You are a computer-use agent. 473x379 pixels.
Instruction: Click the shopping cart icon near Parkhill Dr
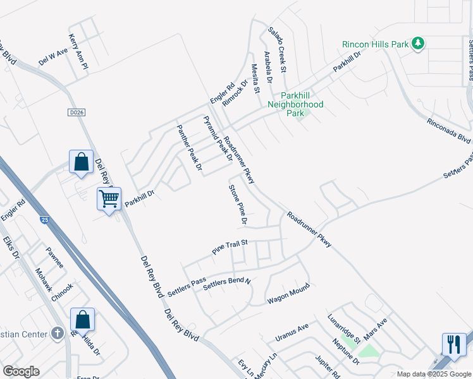pyautogui.click(x=109, y=200)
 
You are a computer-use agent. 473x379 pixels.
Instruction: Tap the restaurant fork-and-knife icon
pyautogui.click(x=453, y=344)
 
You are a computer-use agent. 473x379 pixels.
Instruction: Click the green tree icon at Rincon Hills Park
pyautogui.click(x=417, y=44)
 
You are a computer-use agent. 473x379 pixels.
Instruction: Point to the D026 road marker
pyautogui.click(x=75, y=112)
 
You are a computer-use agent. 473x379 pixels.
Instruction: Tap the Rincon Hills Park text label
pyautogui.click(x=376, y=44)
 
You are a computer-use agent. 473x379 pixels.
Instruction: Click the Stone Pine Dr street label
pyautogui.click(x=238, y=205)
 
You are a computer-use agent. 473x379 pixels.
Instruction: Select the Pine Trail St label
pyautogui.click(x=229, y=246)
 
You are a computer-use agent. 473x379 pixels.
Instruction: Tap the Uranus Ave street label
pyautogui.click(x=292, y=333)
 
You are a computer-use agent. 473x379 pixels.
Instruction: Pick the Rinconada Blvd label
pyautogui.click(x=448, y=130)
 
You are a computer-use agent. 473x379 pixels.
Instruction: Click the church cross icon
pyautogui.click(x=58, y=332)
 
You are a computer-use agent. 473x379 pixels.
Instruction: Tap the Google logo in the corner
pyautogui.click(x=21, y=371)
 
